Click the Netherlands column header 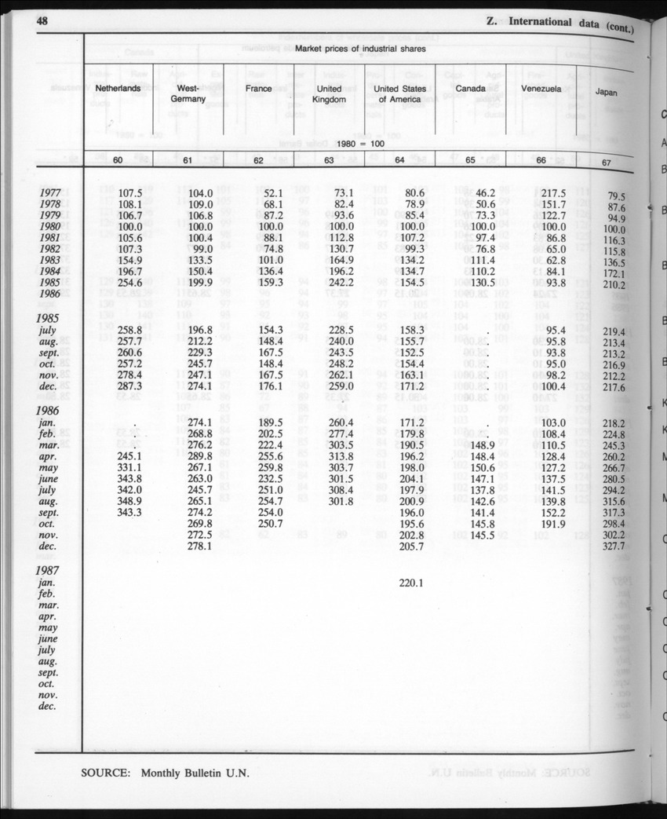[x=118, y=89]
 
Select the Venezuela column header [x=541, y=90]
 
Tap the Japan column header [x=606, y=93]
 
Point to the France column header [x=258, y=89]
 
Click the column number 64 [x=399, y=161]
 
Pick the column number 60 [x=118, y=161]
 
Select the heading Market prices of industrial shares [x=360, y=49]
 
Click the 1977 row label [x=52, y=192]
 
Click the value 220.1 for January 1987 [x=411, y=583]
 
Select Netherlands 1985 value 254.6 [x=129, y=282]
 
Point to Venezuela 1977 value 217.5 [x=554, y=192]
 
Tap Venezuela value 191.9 [x=554, y=522]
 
